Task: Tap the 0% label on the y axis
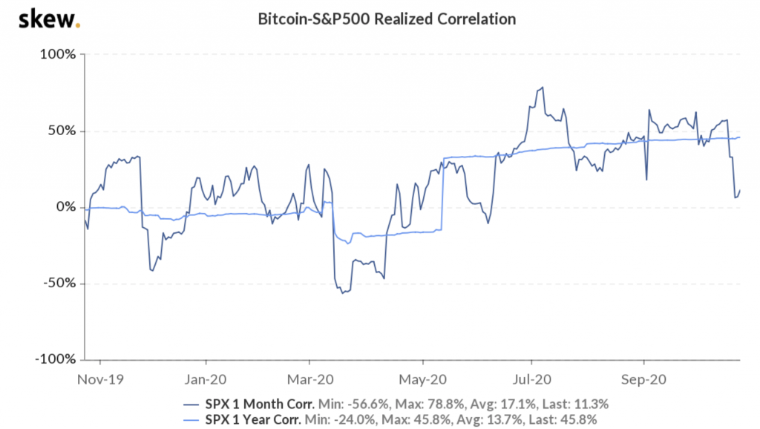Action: (x=66, y=207)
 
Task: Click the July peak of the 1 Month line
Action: (x=543, y=88)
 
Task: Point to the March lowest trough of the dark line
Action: (x=342, y=293)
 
